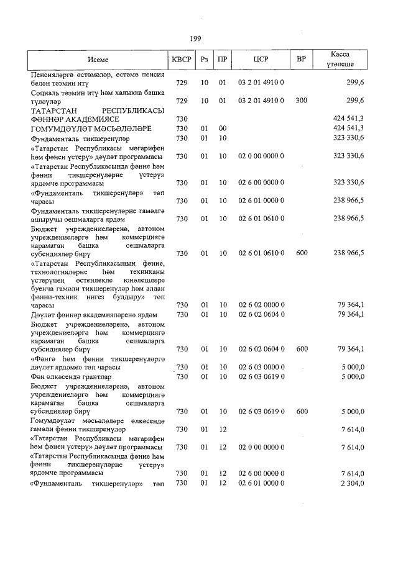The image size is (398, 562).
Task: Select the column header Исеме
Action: pos(98,60)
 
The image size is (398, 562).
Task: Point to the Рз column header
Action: pos(204,60)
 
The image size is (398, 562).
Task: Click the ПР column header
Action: pos(222,60)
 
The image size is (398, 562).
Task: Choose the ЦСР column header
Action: pos(261,60)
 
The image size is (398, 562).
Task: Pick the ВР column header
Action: pos(301,60)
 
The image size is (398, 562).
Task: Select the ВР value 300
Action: pos(302,101)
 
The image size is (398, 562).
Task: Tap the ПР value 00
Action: pos(222,128)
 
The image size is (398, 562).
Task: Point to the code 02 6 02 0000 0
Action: pos(261,304)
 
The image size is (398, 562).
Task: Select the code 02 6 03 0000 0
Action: pos(261,367)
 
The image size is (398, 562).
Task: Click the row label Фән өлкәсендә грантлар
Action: pos(71,376)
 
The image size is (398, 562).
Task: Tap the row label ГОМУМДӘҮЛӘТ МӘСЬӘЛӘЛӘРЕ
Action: pos(91,128)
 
